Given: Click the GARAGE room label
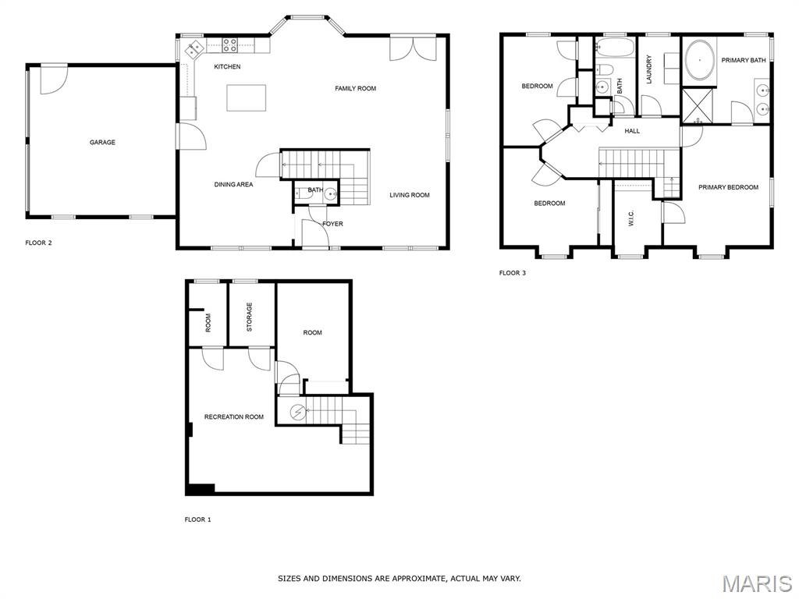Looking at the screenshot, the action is (x=102, y=142).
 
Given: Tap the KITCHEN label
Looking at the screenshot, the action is (x=227, y=67).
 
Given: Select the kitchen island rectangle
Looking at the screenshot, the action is (x=247, y=97).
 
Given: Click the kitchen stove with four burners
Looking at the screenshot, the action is (x=229, y=45).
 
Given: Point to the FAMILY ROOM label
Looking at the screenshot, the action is (x=356, y=89).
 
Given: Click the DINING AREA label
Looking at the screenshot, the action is (x=233, y=184).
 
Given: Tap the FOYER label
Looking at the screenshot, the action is (x=332, y=224).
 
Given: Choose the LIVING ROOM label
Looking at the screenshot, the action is (x=410, y=195).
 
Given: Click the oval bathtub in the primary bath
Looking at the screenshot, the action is (x=699, y=60).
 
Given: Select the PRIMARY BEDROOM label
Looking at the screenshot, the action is (x=728, y=187).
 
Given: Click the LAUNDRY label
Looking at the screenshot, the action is (x=649, y=69).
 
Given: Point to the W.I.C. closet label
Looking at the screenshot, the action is (x=631, y=220).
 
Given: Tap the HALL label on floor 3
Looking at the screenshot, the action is (x=632, y=131).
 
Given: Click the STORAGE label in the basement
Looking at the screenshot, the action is (x=249, y=317).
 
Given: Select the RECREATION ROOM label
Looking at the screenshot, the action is (x=234, y=416).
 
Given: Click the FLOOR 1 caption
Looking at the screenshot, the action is (x=197, y=519).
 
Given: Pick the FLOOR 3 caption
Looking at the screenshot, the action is (x=513, y=273).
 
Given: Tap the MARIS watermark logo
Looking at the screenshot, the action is (x=757, y=583).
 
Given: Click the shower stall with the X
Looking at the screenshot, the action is (x=698, y=106).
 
